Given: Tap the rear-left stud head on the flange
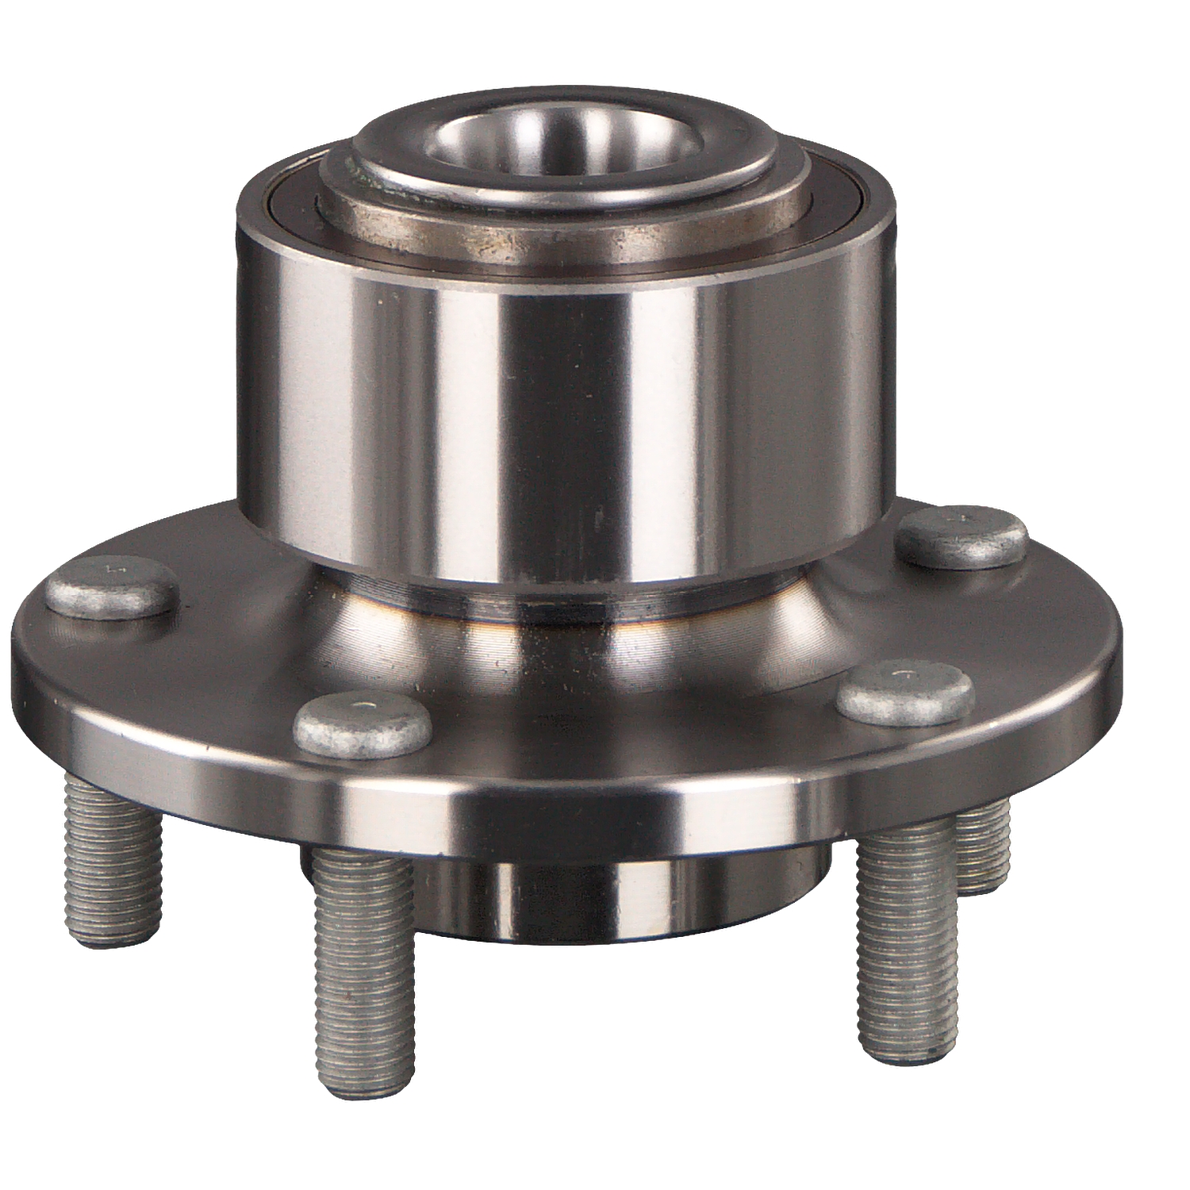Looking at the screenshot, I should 109,585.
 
